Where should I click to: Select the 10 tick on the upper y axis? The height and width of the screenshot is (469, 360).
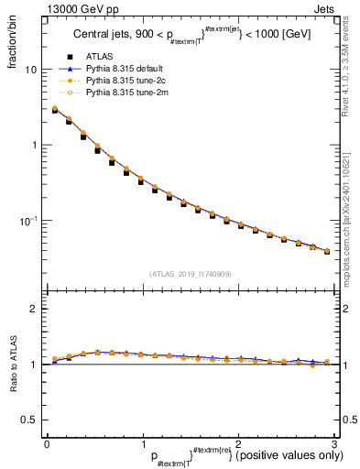pos(31,70)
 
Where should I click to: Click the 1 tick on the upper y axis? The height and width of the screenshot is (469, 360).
pos(34,145)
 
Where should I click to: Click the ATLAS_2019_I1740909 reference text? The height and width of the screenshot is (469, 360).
pos(190,273)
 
